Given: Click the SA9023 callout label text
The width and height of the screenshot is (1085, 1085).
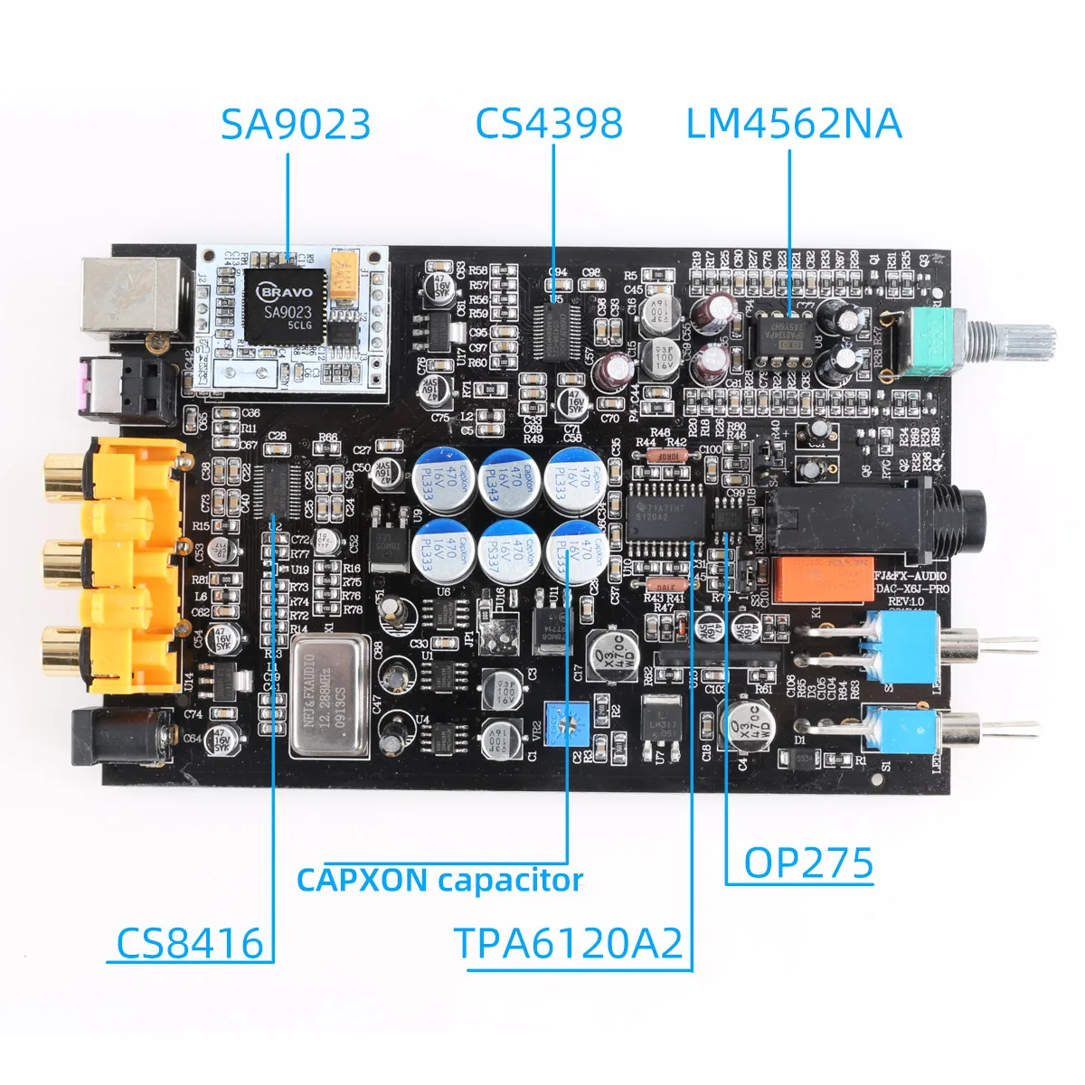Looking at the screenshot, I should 296,124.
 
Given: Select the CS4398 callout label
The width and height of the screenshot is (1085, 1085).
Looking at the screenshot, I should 549,124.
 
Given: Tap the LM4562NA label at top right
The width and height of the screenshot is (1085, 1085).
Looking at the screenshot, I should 794,124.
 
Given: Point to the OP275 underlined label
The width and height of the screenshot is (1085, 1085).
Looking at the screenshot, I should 808,863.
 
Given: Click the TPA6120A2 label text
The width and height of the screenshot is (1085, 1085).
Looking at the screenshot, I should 569,943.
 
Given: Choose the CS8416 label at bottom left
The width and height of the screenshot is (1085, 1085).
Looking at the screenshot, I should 190,943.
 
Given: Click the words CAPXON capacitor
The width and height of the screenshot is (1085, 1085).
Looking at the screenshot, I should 439,880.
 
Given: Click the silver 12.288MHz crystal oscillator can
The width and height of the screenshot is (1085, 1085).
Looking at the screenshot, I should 330,694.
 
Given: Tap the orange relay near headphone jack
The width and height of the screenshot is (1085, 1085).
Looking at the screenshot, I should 818,580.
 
